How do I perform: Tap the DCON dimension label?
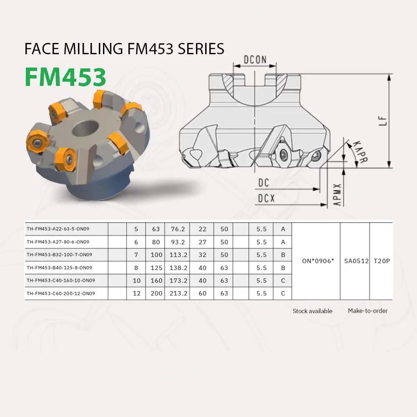point(255,59)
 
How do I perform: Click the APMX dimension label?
point(338,194)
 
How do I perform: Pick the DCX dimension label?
point(266,199)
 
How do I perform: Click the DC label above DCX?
point(264,183)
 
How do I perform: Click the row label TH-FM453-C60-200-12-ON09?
point(61,294)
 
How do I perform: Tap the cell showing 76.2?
point(177,229)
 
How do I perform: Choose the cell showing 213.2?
point(177,294)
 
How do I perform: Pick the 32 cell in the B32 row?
point(202,255)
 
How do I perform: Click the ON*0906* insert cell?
point(316,261)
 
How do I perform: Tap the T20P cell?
point(382,261)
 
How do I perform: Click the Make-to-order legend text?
point(367,311)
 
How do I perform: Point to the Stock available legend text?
point(312,311)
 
